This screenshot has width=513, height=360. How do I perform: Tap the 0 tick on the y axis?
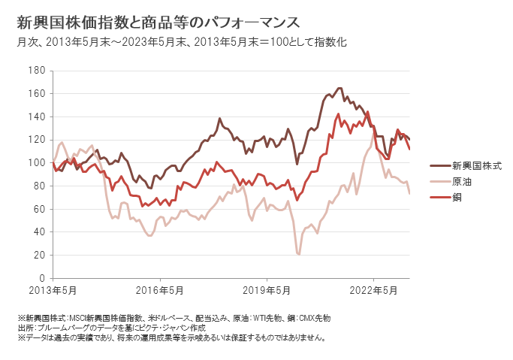pos(44,278)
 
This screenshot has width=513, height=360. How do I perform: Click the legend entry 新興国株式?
pos(476,165)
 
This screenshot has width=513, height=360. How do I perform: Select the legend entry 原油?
pos(461,181)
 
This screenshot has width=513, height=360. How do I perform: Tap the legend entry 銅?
pos(457,198)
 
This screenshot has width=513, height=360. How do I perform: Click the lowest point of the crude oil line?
pos(299,254)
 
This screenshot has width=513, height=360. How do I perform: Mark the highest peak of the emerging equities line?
pos(339,88)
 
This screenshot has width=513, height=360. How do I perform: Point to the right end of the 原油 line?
pos(409,193)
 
